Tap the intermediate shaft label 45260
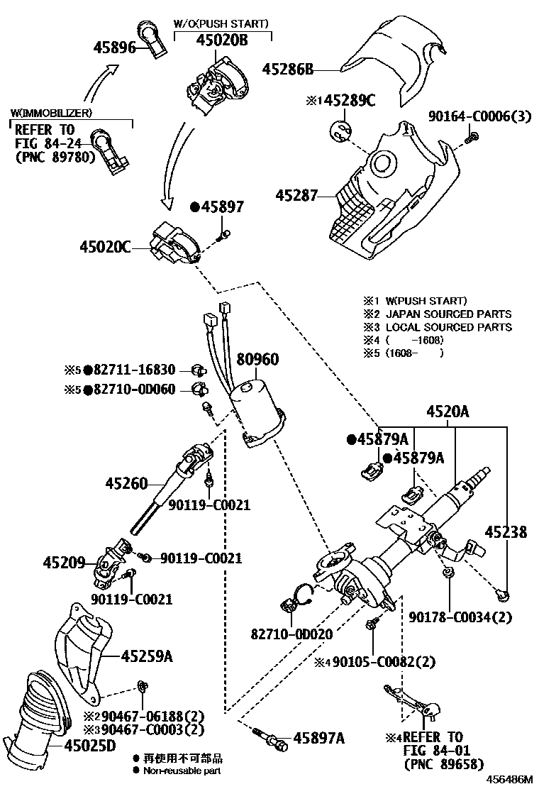point(126,484)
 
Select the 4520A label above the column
point(447,412)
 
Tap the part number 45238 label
point(506,531)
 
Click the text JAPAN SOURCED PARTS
point(448,314)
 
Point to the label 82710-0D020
point(291,634)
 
